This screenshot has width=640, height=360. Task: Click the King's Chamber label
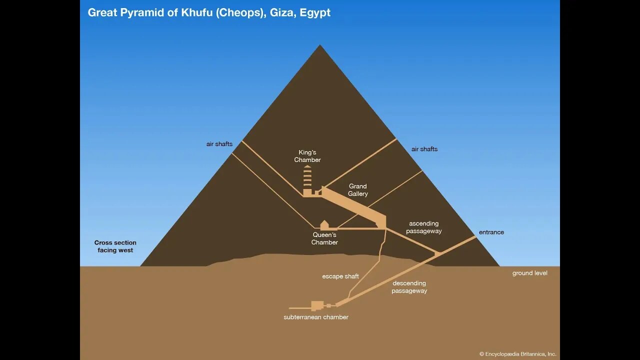[x=307, y=156]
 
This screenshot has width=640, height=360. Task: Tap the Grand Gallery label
[x=357, y=190]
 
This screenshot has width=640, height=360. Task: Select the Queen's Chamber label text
[x=324, y=238]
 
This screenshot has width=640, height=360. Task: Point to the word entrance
[x=491, y=232]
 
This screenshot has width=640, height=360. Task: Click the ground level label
[x=529, y=273]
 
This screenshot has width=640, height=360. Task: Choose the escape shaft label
[x=340, y=276]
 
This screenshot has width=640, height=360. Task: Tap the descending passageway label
[x=409, y=287]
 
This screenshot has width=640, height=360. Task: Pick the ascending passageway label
[x=423, y=227]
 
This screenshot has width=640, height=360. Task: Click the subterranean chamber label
[x=316, y=317]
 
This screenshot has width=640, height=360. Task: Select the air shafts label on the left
[x=219, y=144]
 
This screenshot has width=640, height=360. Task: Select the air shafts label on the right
[x=424, y=149]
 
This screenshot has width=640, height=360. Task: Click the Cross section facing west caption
[x=115, y=246]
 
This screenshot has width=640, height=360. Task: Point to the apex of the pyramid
[x=319, y=45]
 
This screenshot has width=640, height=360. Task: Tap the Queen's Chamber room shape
[x=324, y=225]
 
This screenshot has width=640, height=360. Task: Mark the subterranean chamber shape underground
[x=317, y=305]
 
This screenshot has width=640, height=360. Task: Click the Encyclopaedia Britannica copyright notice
[x=517, y=354]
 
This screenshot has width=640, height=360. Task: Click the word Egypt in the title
[x=315, y=13]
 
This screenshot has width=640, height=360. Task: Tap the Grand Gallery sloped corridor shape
[x=354, y=207]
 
